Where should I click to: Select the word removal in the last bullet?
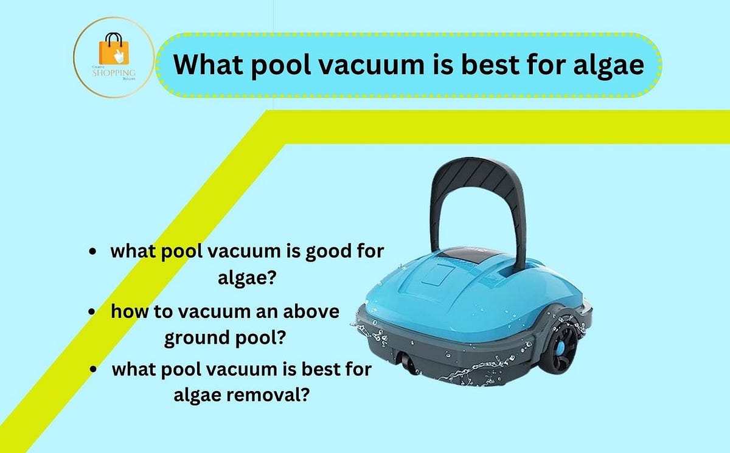(x=276, y=396)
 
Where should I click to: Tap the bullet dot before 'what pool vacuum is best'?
(x=93, y=370)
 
